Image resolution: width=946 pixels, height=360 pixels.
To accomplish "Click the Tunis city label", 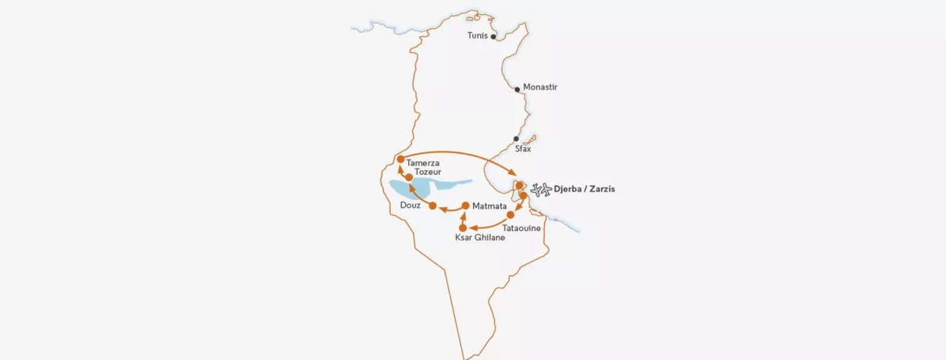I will [x=477, y=36].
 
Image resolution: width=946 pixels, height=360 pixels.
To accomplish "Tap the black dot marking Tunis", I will [x=493, y=36].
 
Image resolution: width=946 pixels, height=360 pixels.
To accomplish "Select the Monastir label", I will [x=540, y=87].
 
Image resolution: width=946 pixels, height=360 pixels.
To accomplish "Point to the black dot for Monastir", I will [x=517, y=89].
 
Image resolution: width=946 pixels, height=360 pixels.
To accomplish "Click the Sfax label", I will [x=523, y=148].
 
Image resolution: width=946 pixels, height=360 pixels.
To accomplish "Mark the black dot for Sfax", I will [x=516, y=138].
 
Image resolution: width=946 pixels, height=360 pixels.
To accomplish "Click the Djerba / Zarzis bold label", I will [x=584, y=189].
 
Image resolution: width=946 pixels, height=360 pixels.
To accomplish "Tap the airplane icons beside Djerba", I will [x=540, y=189].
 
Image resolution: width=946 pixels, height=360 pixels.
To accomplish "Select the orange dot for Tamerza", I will [x=400, y=159].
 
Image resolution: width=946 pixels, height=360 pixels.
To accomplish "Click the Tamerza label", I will [x=423, y=162].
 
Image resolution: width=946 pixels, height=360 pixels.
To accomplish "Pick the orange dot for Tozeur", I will [x=409, y=177].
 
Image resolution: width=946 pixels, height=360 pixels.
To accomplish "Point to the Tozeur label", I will [x=429, y=172].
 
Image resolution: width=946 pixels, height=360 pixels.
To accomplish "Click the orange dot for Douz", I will [x=432, y=205].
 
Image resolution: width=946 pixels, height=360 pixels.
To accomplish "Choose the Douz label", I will [x=410, y=205].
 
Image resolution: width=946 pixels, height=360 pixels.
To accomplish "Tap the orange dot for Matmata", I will [x=465, y=205].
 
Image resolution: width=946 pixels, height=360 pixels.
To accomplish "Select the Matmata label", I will [x=490, y=206].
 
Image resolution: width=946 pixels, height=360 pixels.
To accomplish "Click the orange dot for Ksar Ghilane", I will [x=463, y=227].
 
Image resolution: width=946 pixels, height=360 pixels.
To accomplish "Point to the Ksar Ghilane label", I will [x=480, y=237].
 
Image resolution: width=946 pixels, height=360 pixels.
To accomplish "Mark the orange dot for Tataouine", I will [x=510, y=214].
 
